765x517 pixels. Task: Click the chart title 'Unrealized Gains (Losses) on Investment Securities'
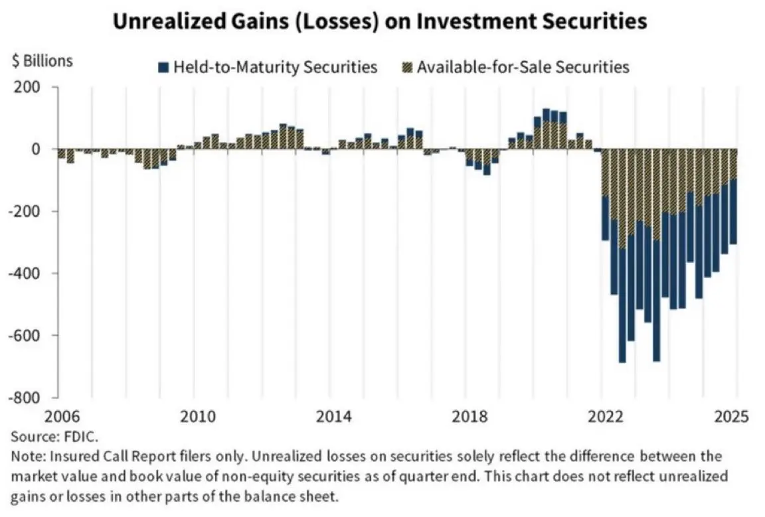pyautogui.click(x=379, y=22)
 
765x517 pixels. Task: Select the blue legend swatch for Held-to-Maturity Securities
pyautogui.click(x=163, y=67)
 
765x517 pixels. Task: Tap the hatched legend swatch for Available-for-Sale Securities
pyautogui.click(x=407, y=67)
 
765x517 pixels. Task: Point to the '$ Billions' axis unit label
pyautogui.click(x=42, y=61)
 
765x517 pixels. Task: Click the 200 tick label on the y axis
pyautogui.click(x=26, y=87)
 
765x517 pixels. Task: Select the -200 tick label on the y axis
pyautogui.click(x=23, y=211)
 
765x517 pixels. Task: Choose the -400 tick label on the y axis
pyautogui.click(x=23, y=273)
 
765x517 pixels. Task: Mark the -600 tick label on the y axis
pyautogui.click(x=23, y=335)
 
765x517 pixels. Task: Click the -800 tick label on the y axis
pyautogui.click(x=23, y=398)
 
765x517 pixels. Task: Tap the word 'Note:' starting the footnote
pyautogui.click(x=27, y=457)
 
